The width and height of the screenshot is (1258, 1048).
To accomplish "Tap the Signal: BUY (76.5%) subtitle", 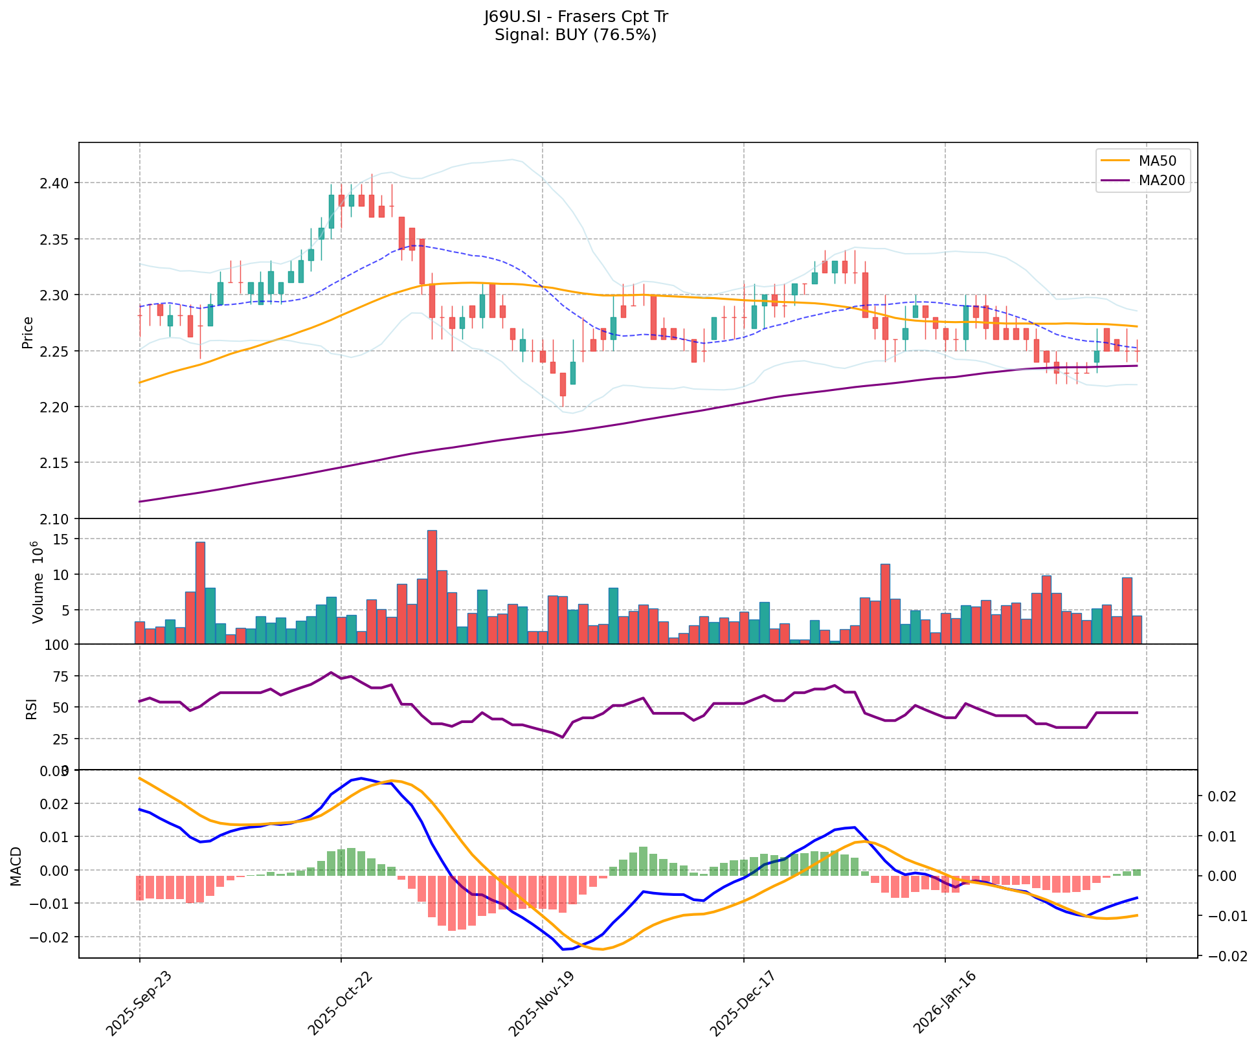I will click(x=576, y=35).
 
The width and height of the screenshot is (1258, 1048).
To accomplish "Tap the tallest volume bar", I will click(x=432, y=586).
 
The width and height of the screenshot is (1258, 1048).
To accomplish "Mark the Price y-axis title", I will click(x=27, y=332).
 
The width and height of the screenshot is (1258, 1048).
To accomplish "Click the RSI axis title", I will click(x=31, y=708).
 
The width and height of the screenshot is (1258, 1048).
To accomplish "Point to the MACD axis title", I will click(x=17, y=866).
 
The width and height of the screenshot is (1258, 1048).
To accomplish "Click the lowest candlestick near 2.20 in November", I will click(x=563, y=385).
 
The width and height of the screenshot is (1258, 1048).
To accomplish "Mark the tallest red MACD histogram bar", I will click(x=452, y=903).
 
